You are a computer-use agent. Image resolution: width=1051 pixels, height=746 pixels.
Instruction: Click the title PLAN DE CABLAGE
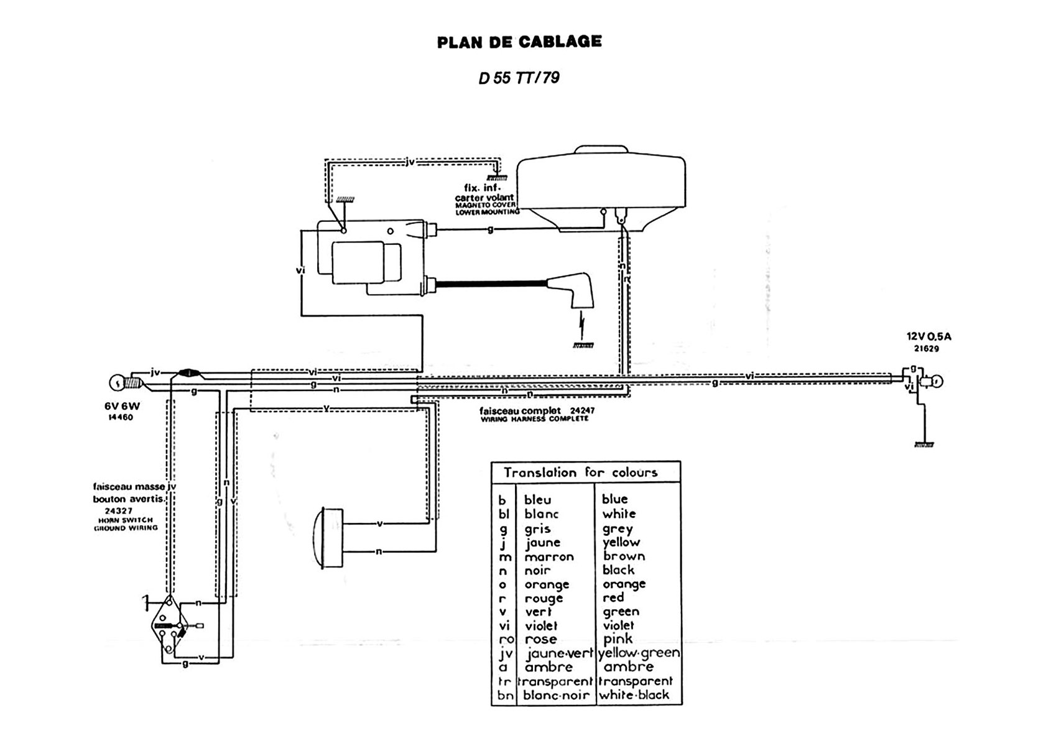(519, 42)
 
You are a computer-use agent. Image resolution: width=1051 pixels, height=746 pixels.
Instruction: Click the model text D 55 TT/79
(519, 78)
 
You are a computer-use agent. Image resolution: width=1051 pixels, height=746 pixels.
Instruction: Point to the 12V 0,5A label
(928, 337)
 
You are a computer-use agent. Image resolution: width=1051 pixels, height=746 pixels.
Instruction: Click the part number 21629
(927, 349)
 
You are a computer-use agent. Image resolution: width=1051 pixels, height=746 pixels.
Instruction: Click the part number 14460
(121, 418)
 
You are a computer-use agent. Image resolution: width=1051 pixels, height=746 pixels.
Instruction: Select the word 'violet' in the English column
(618, 625)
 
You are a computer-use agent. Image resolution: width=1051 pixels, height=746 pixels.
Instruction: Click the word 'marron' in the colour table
(549, 556)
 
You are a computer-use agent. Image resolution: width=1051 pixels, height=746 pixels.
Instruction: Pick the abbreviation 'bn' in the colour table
(504, 695)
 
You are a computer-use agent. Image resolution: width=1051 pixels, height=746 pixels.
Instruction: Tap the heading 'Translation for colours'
(580, 472)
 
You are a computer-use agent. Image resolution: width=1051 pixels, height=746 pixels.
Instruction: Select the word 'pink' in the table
(618, 639)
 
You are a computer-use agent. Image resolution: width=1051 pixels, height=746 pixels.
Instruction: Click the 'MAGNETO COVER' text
(486, 205)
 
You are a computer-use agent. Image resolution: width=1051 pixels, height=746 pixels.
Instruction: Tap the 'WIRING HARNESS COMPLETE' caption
(534, 419)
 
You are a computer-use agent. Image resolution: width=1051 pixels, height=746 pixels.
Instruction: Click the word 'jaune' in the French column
(543, 542)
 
